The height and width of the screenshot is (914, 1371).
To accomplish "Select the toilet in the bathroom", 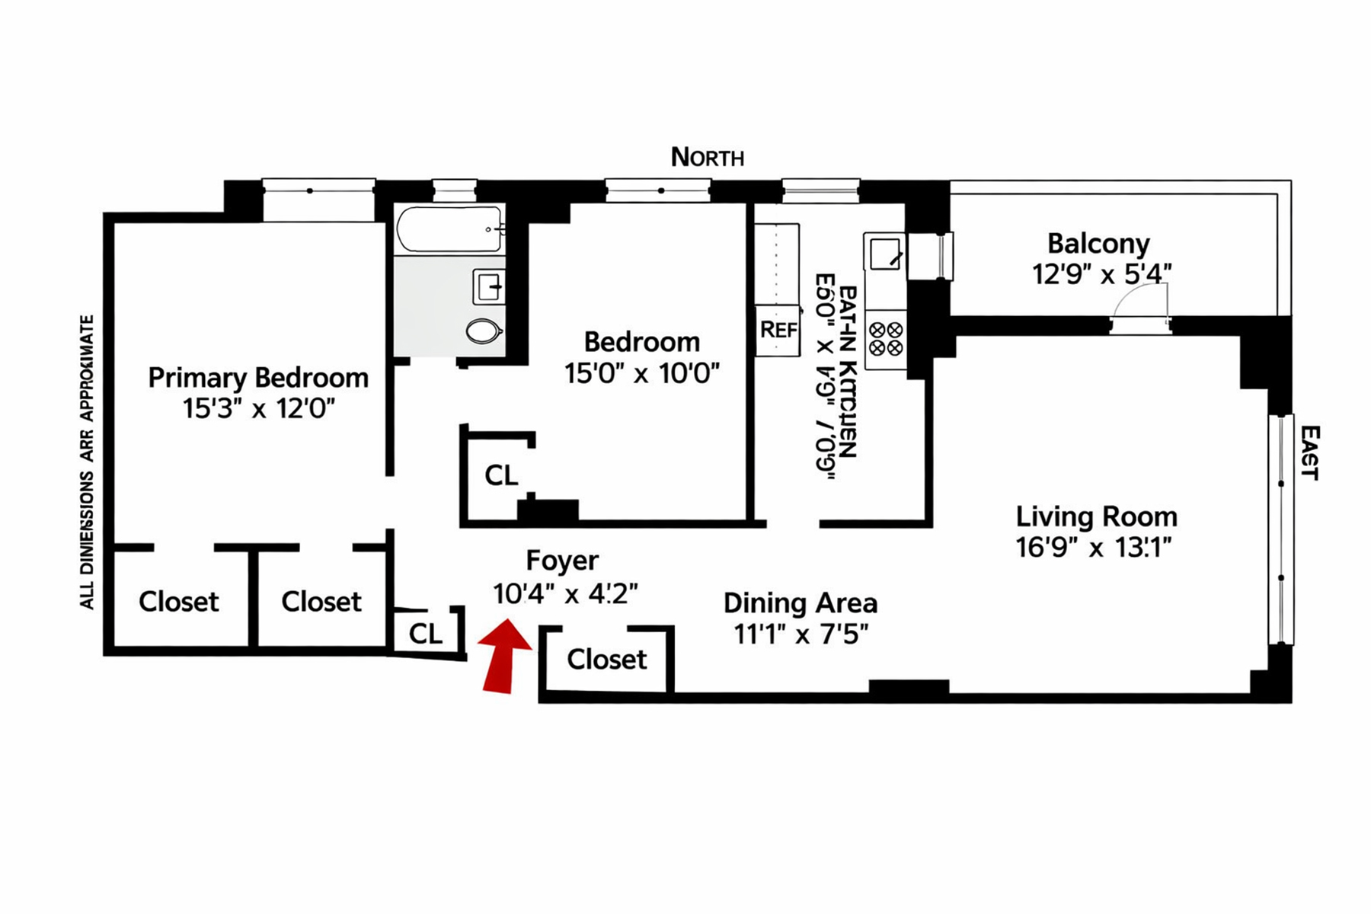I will [x=483, y=331].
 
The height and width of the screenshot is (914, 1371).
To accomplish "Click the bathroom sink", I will [x=488, y=287].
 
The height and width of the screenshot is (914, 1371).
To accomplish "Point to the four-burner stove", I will [x=886, y=339].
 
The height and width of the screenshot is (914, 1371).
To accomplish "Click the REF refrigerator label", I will [x=778, y=330].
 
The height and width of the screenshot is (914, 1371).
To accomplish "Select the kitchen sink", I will [x=884, y=252].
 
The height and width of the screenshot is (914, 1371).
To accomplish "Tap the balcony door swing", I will [x=1140, y=301].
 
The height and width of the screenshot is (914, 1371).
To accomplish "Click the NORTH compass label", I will [x=707, y=158].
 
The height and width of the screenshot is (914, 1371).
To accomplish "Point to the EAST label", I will [x=1309, y=452].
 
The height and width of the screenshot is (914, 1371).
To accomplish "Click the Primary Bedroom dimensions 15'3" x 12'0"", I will [x=258, y=409].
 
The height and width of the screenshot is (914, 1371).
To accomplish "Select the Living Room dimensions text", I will [x=1093, y=548].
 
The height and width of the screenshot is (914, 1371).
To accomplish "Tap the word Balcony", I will [x=1098, y=244].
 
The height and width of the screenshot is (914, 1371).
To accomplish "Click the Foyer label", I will [x=562, y=561].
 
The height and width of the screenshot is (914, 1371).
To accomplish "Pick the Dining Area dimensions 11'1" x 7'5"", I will [x=801, y=634].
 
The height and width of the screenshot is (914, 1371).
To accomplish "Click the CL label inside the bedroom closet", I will [x=500, y=475].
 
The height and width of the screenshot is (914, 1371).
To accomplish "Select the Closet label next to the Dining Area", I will [x=606, y=659].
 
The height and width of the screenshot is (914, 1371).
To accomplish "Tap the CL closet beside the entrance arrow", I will [x=425, y=633].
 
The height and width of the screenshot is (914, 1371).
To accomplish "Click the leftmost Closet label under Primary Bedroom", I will [x=178, y=602].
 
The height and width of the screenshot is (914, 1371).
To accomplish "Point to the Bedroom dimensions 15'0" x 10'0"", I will [x=641, y=373].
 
